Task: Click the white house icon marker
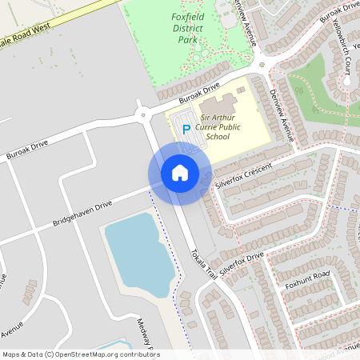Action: pos(180,173)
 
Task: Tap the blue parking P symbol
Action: pos(186,129)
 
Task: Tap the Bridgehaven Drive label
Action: pos(82,212)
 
